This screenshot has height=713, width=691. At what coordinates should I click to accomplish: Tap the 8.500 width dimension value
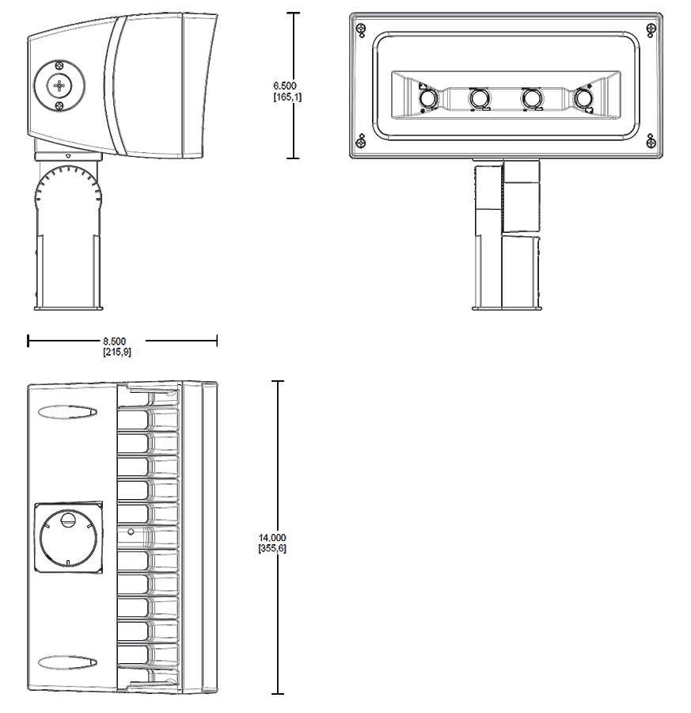pyautogui.click(x=117, y=341)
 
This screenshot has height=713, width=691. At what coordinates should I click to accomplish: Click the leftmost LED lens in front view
pyautogui.click(x=427, y=97)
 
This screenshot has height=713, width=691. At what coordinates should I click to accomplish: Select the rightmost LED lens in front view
pyautogui.click(x=584, y=97)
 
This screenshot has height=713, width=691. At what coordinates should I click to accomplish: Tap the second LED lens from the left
pyautogui.click(x=479, y=97)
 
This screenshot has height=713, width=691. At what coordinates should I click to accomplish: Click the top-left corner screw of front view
pyautogui.click(x=362, y=29)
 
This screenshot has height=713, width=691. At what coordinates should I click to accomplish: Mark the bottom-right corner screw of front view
pyautogui.click(x=651, y=143)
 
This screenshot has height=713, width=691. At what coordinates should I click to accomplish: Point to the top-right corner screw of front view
pyautogui.click(x=651, y=29)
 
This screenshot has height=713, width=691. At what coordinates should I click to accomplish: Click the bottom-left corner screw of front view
pyautogui.click(x=362, y=143)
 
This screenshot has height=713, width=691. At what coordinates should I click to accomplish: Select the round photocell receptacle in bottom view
pyautogui.click(x=68, y=537)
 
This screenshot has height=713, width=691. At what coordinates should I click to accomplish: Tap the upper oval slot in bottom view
pyautogui.click(x=67, y=412)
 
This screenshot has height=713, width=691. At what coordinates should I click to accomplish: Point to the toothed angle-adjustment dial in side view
pyautogui.click(x=68, y=190)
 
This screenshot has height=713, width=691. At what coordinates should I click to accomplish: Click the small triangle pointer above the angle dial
pyautogui.click(x=69, y=157)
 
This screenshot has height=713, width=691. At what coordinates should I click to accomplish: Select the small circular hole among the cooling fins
pyautogui.click(x=131, y=530)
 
